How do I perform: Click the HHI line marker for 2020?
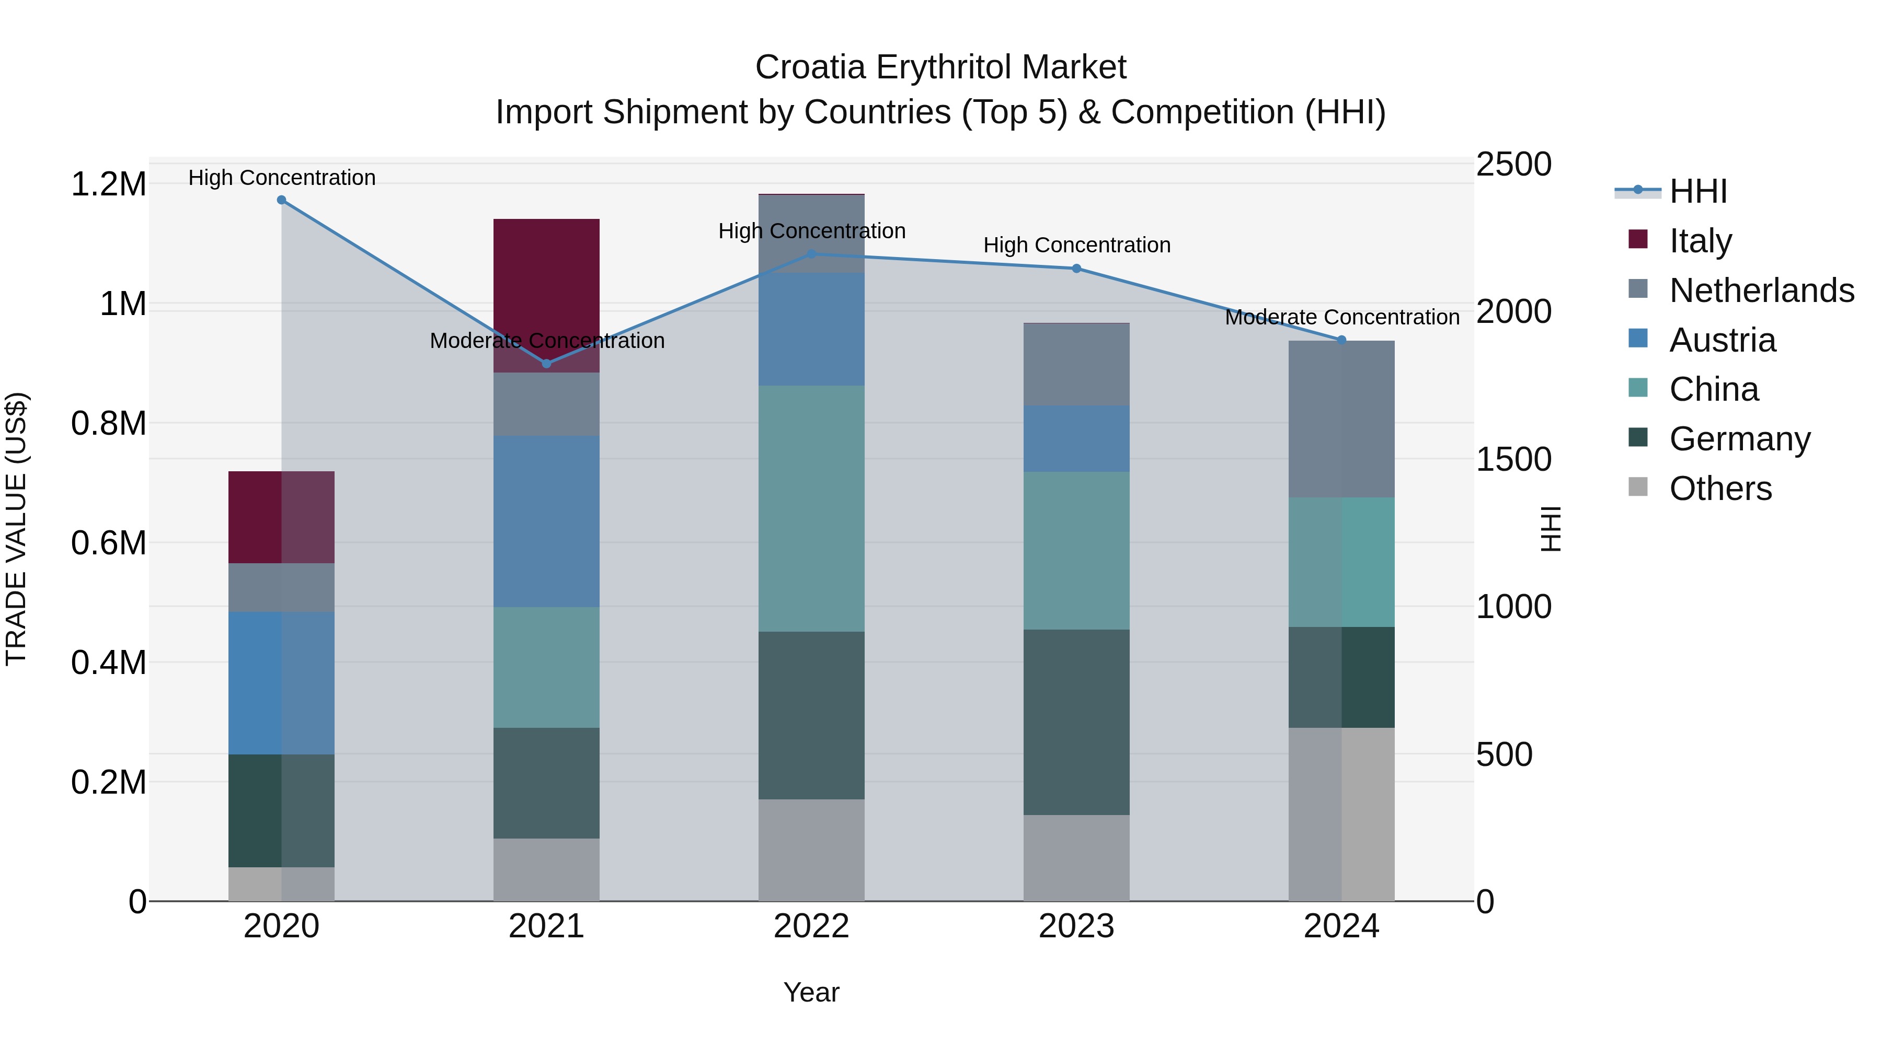click(x=281, y=200)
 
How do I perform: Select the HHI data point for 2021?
click(x=546, y=364)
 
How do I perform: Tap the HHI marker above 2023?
click(x=1076, y=269)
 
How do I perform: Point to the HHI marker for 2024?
click(x=1341, y=340)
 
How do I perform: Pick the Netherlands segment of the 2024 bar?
click(x=1341, y=419)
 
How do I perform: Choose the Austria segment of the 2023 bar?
click(x=1076, y=439)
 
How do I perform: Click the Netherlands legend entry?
click(x=1761, y=290)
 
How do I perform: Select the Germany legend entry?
click(x=1739, y=439)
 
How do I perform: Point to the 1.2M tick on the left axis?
click(x=108, y=184)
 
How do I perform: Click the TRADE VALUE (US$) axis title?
click(x=16, y=529)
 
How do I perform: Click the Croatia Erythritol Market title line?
click(x=940, y=67)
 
